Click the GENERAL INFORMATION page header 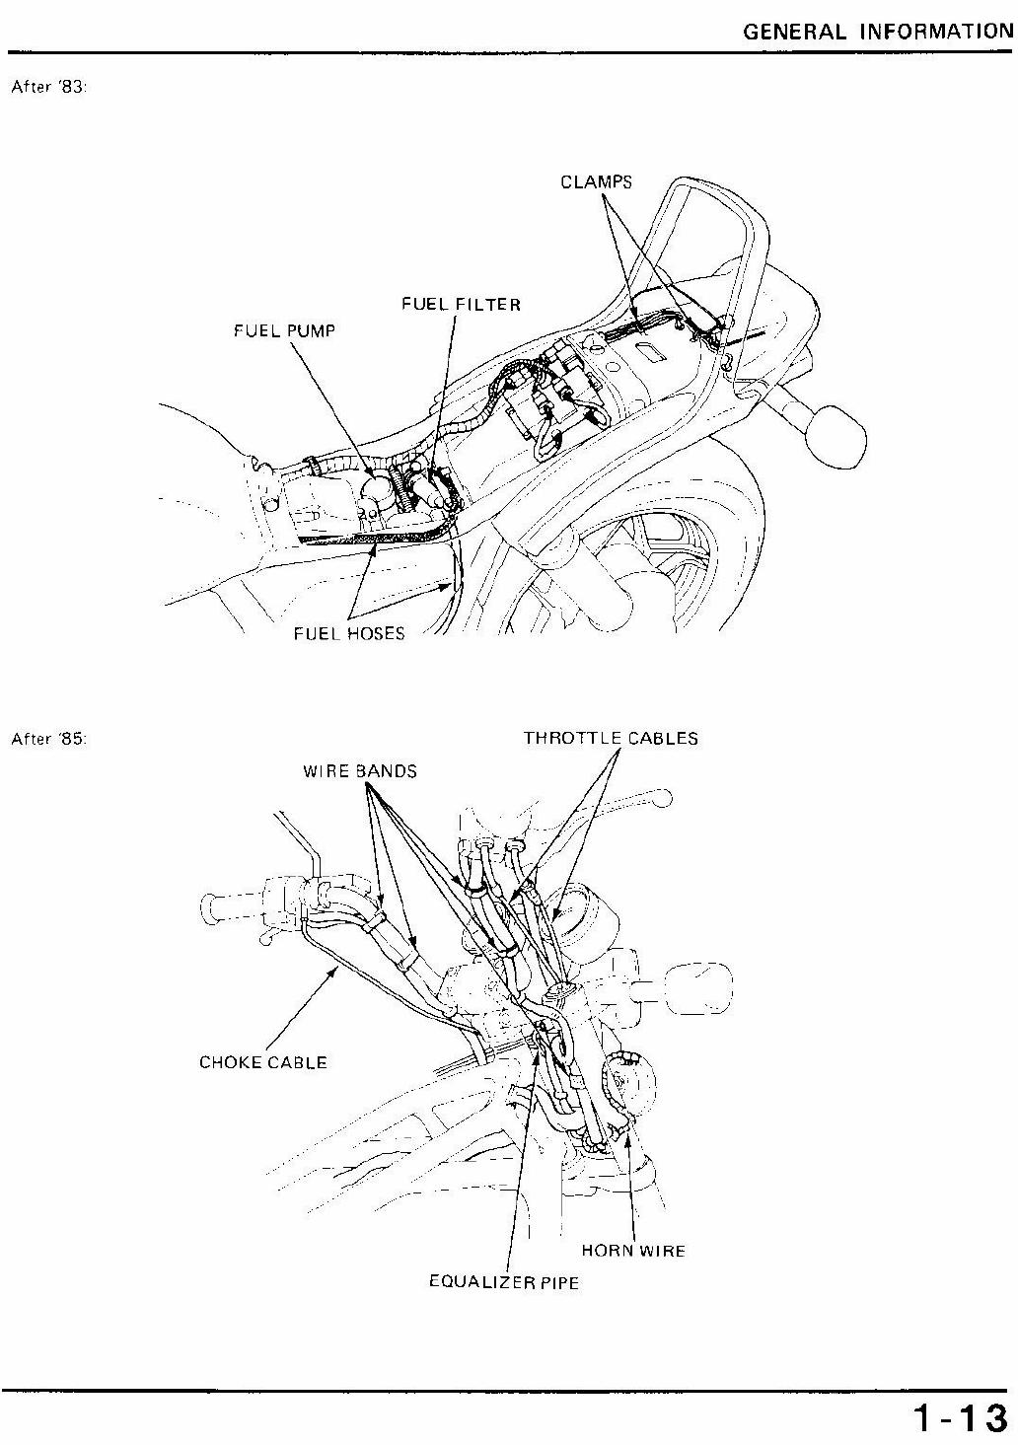(x=878, y=31)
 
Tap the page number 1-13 (x=961, y=1418)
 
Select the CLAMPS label (x=596, y=182)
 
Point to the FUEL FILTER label (x=461, y=304)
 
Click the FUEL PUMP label (x=284, y=331)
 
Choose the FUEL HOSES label (x=349, y=633)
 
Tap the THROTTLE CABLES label (x=611, y=738)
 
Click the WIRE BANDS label (x=360, y=771)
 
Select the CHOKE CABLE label (x=263, y=1062)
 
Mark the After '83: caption (x=49, y=87)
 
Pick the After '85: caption (x=49, y=739)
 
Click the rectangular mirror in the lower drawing (x=700, y=987)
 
